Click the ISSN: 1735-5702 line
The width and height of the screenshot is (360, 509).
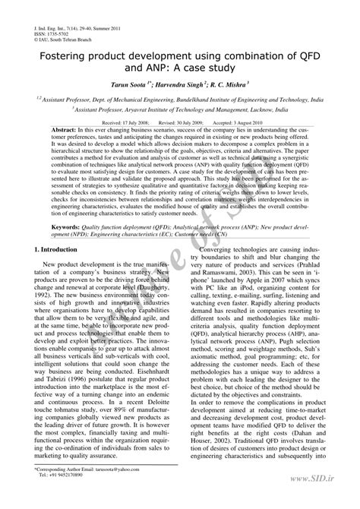(x=53, y=34)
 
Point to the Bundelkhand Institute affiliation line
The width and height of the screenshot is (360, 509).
(x=180, y=99)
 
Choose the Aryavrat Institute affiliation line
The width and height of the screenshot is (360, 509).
(x=180, y=109)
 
